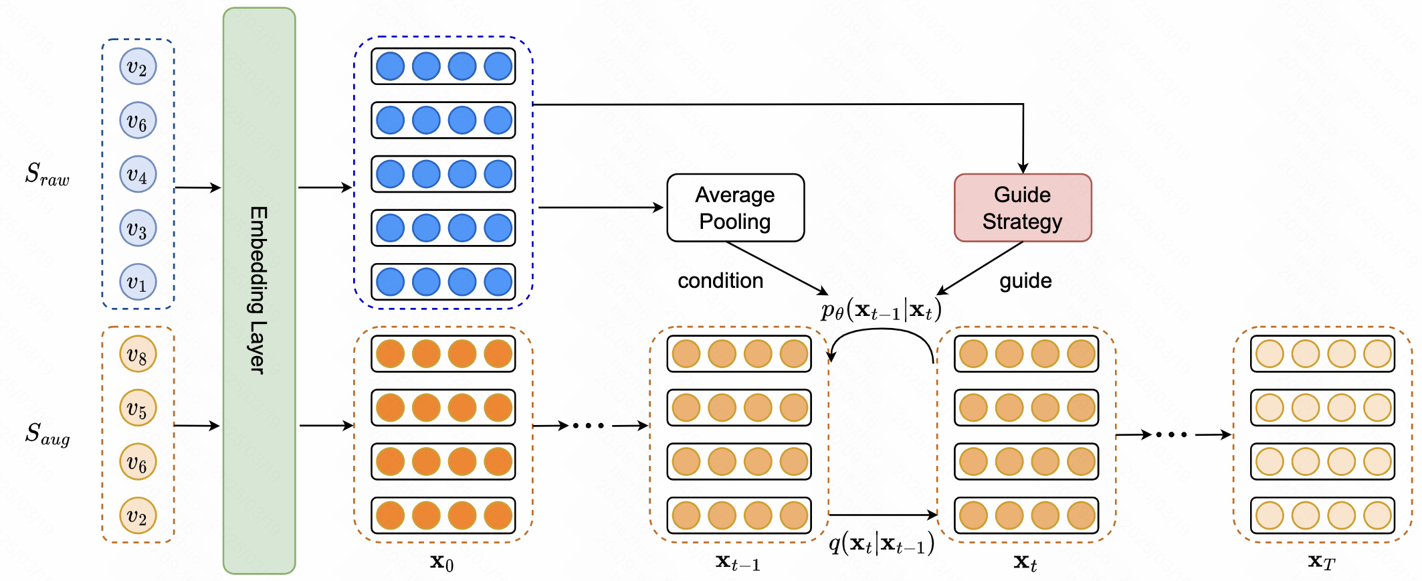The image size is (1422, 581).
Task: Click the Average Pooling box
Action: pyautogui.click(x=735, y=208)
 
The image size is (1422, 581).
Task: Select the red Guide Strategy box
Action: pyautogui.click(x=1022, y=208)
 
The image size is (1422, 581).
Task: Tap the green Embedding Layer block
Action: pyautogui.click(x=260, y=290)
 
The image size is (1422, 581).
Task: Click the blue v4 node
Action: pyautogui.click(x=138, y=175)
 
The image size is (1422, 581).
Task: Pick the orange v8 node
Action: pyautogui.click(x=138, y=354)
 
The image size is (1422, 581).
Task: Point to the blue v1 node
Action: pyautogui.click(x=138, y=282)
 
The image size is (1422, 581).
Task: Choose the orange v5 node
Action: pyautogui.click(x=138, y=408)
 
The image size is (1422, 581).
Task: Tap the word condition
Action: pyautogui.click(x=720, y=280)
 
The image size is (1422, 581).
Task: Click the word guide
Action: pyautogui.click(x=1025, y=280)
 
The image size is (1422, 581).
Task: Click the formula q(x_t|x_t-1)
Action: pyautogui.click(x=881, y=544)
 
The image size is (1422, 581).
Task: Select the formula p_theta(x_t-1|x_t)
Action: pyautogui.click(x=881, y=310)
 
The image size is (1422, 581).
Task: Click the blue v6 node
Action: pyautogui.click(x=138, y=120)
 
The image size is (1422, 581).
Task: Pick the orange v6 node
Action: pyautogui.click(x=138, y=462)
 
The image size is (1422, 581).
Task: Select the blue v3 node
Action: pyautogui.click(x=138, y=228)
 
